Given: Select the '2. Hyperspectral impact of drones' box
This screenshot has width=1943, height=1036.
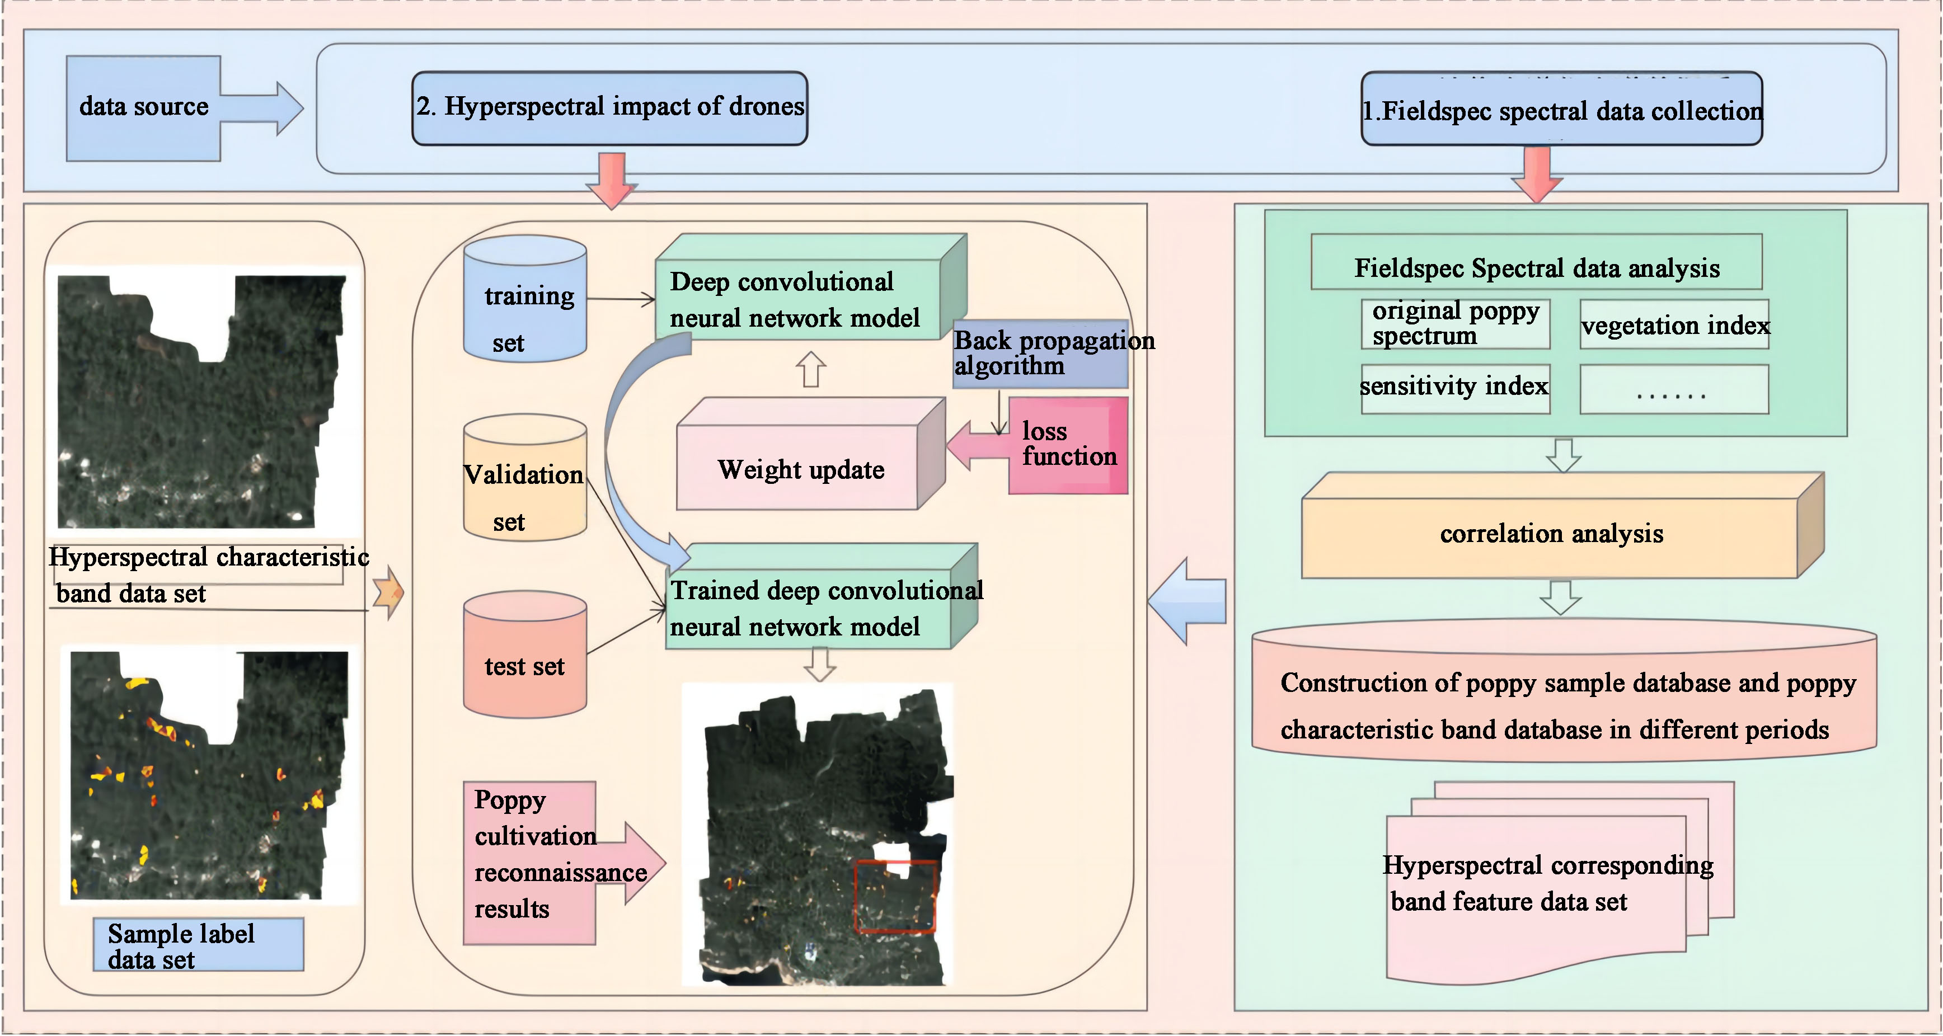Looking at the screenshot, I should tap(609, 108).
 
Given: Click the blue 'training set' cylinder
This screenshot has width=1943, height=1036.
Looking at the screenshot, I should tap(525, 302).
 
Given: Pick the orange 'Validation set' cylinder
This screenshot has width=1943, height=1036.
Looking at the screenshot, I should tap(524, 479).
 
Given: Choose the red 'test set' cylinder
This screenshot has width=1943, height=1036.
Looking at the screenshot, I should tap(524, 656).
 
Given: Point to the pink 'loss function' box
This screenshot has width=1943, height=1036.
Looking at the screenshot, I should tap(1068, 445).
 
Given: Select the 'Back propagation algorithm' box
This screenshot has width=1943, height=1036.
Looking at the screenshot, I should tap(1040, 354).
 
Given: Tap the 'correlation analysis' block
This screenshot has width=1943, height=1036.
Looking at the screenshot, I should tap(1551, 534).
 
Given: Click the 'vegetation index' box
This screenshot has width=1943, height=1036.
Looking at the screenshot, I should tap(1674, 325).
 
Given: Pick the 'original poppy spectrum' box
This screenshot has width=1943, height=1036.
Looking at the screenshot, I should tap(1455, 323).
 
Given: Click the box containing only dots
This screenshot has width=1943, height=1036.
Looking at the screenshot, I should tap(1674, 390).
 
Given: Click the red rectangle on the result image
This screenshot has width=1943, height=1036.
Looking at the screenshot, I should tap(895, 897).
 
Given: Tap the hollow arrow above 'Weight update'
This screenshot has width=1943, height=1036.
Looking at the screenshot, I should tap(811, 369).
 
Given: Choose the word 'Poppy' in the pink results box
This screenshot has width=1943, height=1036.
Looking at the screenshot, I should tap(510, 799).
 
